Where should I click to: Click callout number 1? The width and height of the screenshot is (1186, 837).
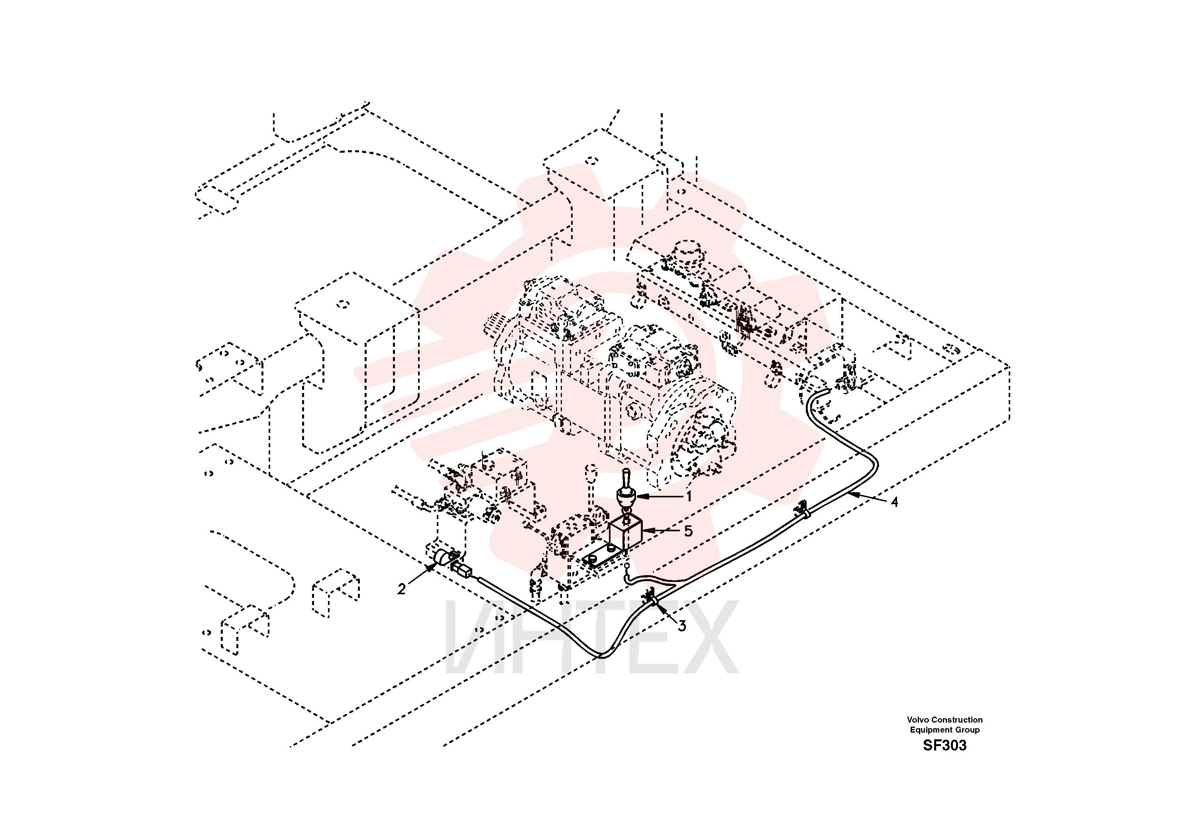689,497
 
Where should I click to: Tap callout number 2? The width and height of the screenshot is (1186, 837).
401,589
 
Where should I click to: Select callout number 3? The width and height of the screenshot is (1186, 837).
682,626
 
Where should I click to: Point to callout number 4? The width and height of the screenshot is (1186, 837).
894,502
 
